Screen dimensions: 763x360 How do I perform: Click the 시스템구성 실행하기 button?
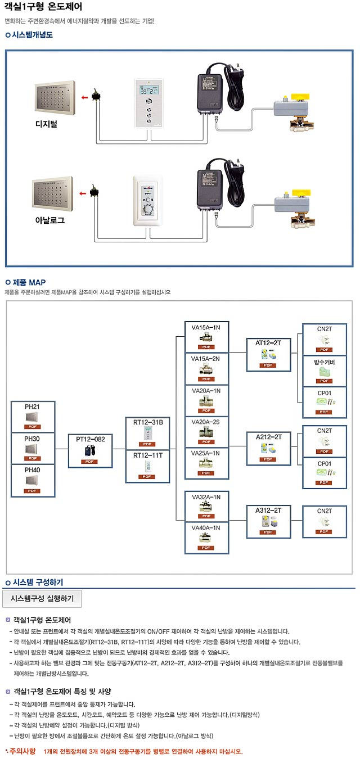[42, 599]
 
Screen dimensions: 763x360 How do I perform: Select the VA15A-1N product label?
[206, 327]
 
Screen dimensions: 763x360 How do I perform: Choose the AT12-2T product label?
[268, 342]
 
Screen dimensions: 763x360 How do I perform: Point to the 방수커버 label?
[324, 362]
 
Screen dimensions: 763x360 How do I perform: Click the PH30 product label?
[32, 437]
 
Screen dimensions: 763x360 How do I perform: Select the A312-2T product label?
[268, 510]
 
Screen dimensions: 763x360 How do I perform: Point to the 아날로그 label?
[49, 220]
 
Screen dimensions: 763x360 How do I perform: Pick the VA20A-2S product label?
[206, 422]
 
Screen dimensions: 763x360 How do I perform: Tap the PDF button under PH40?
[32, 490]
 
